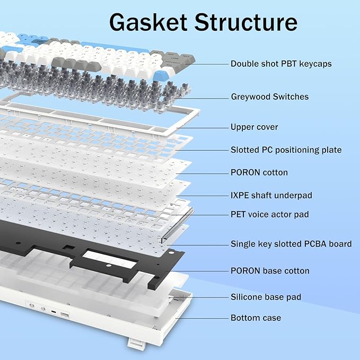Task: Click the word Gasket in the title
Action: tap(148, 22)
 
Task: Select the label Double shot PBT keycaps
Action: tap(281, 64)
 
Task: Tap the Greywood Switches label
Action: tap(269, 96)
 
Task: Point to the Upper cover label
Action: tap(254, 127)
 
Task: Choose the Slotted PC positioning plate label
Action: tap(286, 150)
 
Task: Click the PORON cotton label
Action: tap(259, 172)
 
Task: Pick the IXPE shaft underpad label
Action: tap(271, 195)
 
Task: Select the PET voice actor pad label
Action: tap(269, 215)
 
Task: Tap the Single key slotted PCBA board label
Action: tap(291, 244)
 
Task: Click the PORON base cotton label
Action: tap(270, 271)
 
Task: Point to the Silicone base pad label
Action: tap(266, 297)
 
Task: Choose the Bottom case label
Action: tap(256, 318)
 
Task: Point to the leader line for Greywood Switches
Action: tap(207, 97)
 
